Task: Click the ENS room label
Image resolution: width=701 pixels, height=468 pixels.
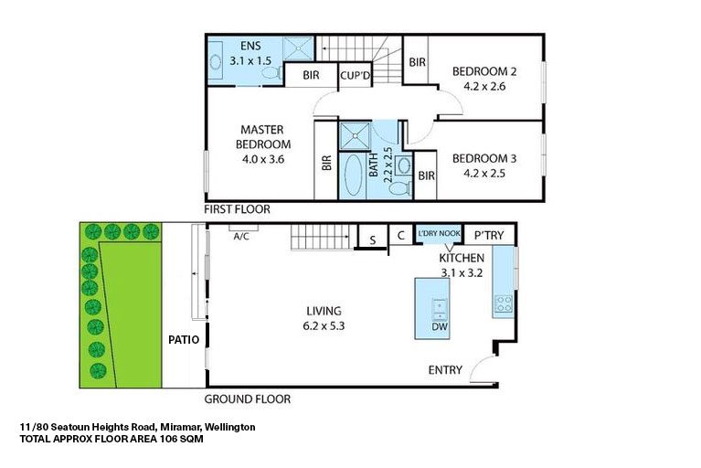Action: click(250, 47)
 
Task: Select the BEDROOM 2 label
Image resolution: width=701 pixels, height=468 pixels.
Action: click(484, 71)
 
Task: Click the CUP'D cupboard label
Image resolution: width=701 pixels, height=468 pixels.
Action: click(354, 76)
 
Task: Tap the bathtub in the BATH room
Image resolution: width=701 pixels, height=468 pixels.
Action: click(352, 175)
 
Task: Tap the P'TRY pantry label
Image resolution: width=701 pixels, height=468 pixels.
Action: click(490, 236)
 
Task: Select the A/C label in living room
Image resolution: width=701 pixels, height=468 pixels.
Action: click(242, 236)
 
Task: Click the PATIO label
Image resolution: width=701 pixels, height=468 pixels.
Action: click(184, 339)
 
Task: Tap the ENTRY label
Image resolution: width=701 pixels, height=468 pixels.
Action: click(445, 370)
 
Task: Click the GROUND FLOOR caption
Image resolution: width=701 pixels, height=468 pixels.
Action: click(247, 399)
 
